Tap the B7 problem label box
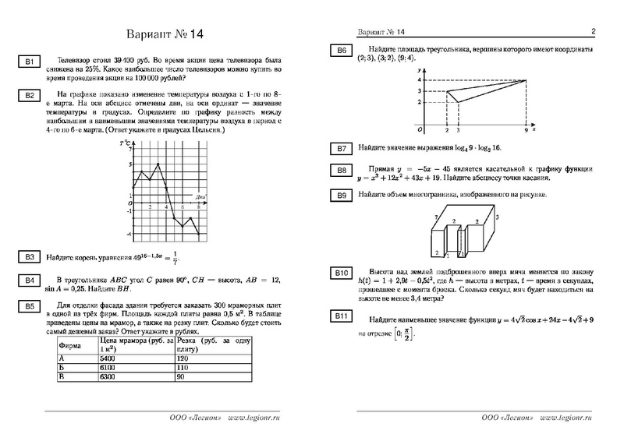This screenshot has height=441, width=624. click(x=341, y=148)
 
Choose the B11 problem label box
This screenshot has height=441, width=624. click(x=341, y=316)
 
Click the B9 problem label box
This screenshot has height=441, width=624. click(x=341, y=194)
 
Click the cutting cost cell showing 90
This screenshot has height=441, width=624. click(x=181, y=376)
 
